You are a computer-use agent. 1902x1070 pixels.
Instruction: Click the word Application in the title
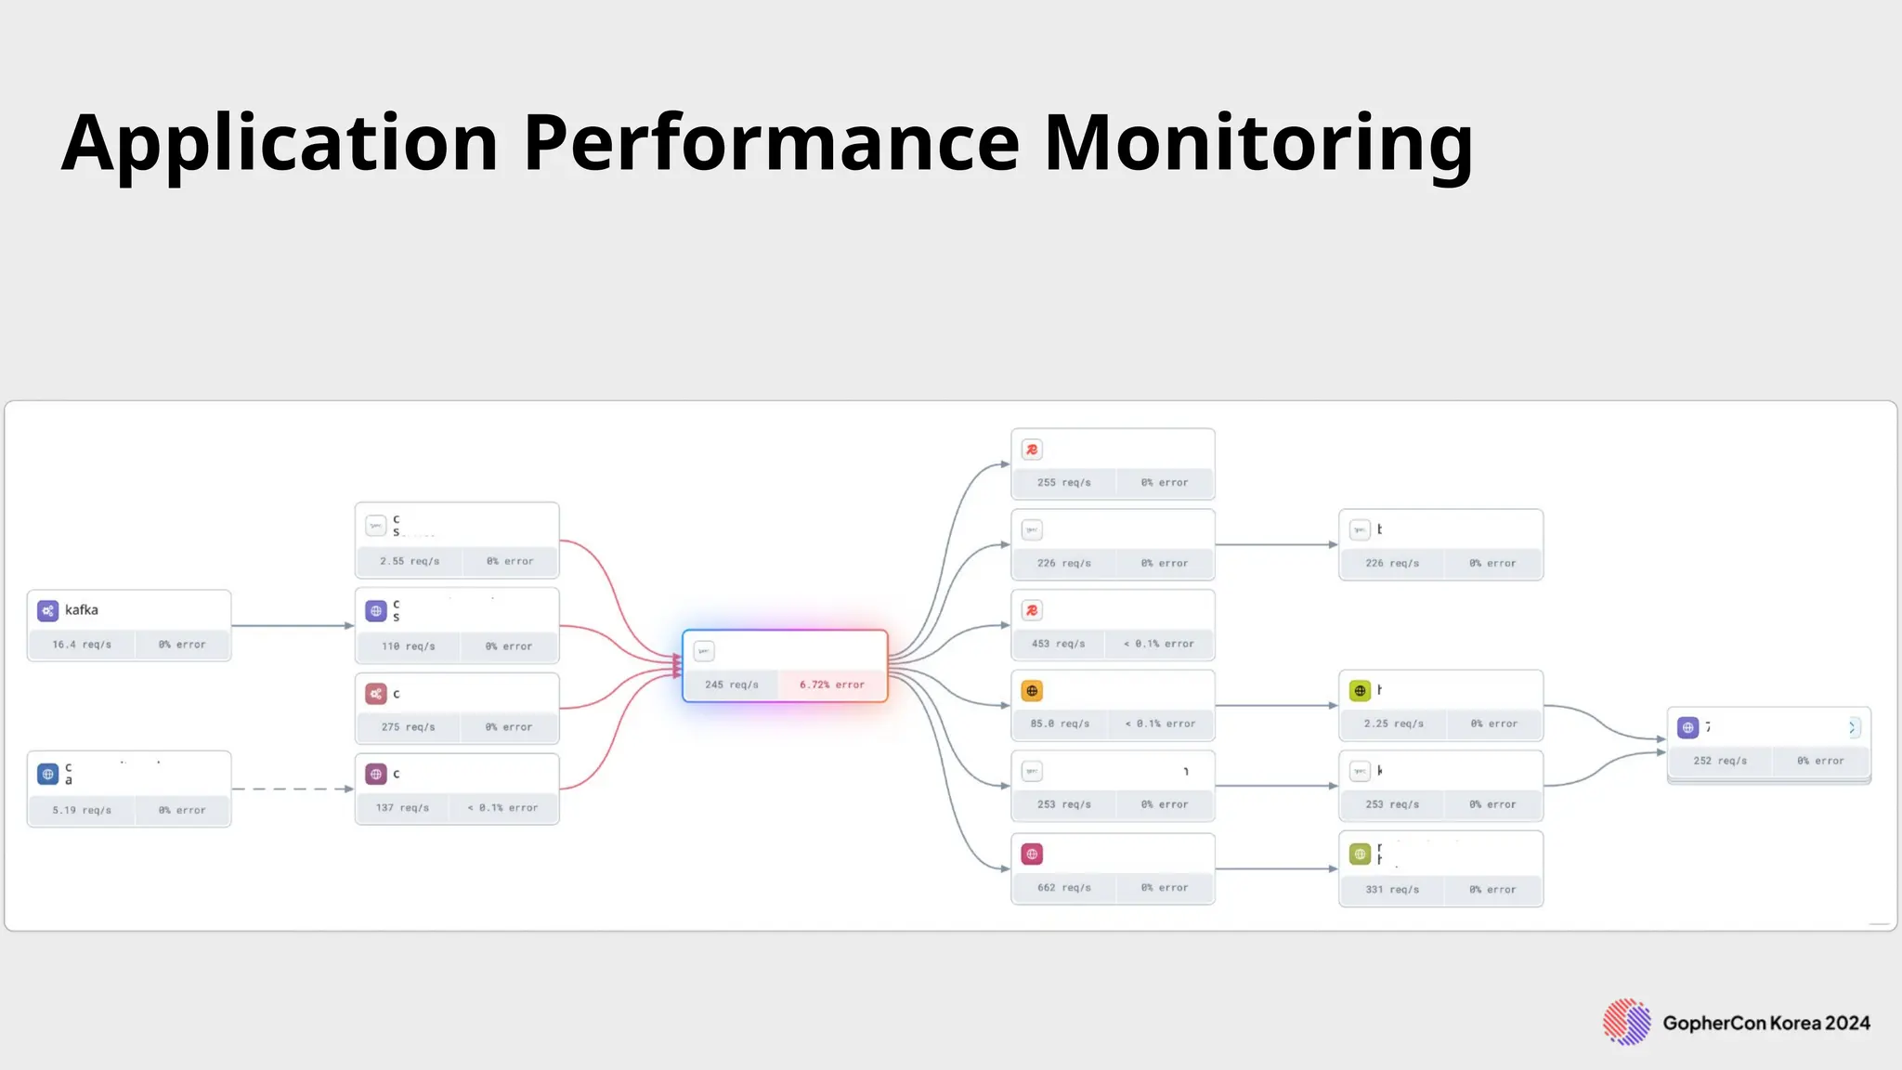[280, 144]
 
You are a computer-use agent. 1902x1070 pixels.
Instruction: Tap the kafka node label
[82, 610]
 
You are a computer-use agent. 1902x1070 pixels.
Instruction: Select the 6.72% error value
[832, 685]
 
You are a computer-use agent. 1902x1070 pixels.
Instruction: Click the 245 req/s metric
[732, 685]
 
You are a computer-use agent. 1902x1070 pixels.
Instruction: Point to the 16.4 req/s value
[82, 645]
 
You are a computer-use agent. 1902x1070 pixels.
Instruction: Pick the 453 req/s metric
[1058, 644]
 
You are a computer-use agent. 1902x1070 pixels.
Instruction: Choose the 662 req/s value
[1064, 888]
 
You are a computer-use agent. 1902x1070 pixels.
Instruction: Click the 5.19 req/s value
[82, 810]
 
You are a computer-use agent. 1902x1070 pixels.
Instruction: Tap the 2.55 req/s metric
[410, 561]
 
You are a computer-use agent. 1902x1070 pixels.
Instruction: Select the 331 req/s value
[1392, 890]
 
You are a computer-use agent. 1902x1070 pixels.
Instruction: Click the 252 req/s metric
[1720, 761]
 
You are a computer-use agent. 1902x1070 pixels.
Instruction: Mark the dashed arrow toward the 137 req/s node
[293, 789]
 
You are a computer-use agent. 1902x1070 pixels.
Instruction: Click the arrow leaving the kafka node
[293, 626]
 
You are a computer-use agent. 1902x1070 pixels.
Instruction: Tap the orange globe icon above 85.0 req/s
[1032, 691]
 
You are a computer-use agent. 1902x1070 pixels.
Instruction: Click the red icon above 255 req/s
[1032, 450]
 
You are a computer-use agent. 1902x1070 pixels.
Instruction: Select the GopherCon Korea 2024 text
[1766, 1024]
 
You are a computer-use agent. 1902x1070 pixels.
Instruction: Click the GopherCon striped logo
[1626, 1023]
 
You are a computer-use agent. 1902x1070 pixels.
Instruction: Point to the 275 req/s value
[408, 727]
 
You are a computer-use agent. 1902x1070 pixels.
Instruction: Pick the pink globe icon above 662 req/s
[1032, 855]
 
